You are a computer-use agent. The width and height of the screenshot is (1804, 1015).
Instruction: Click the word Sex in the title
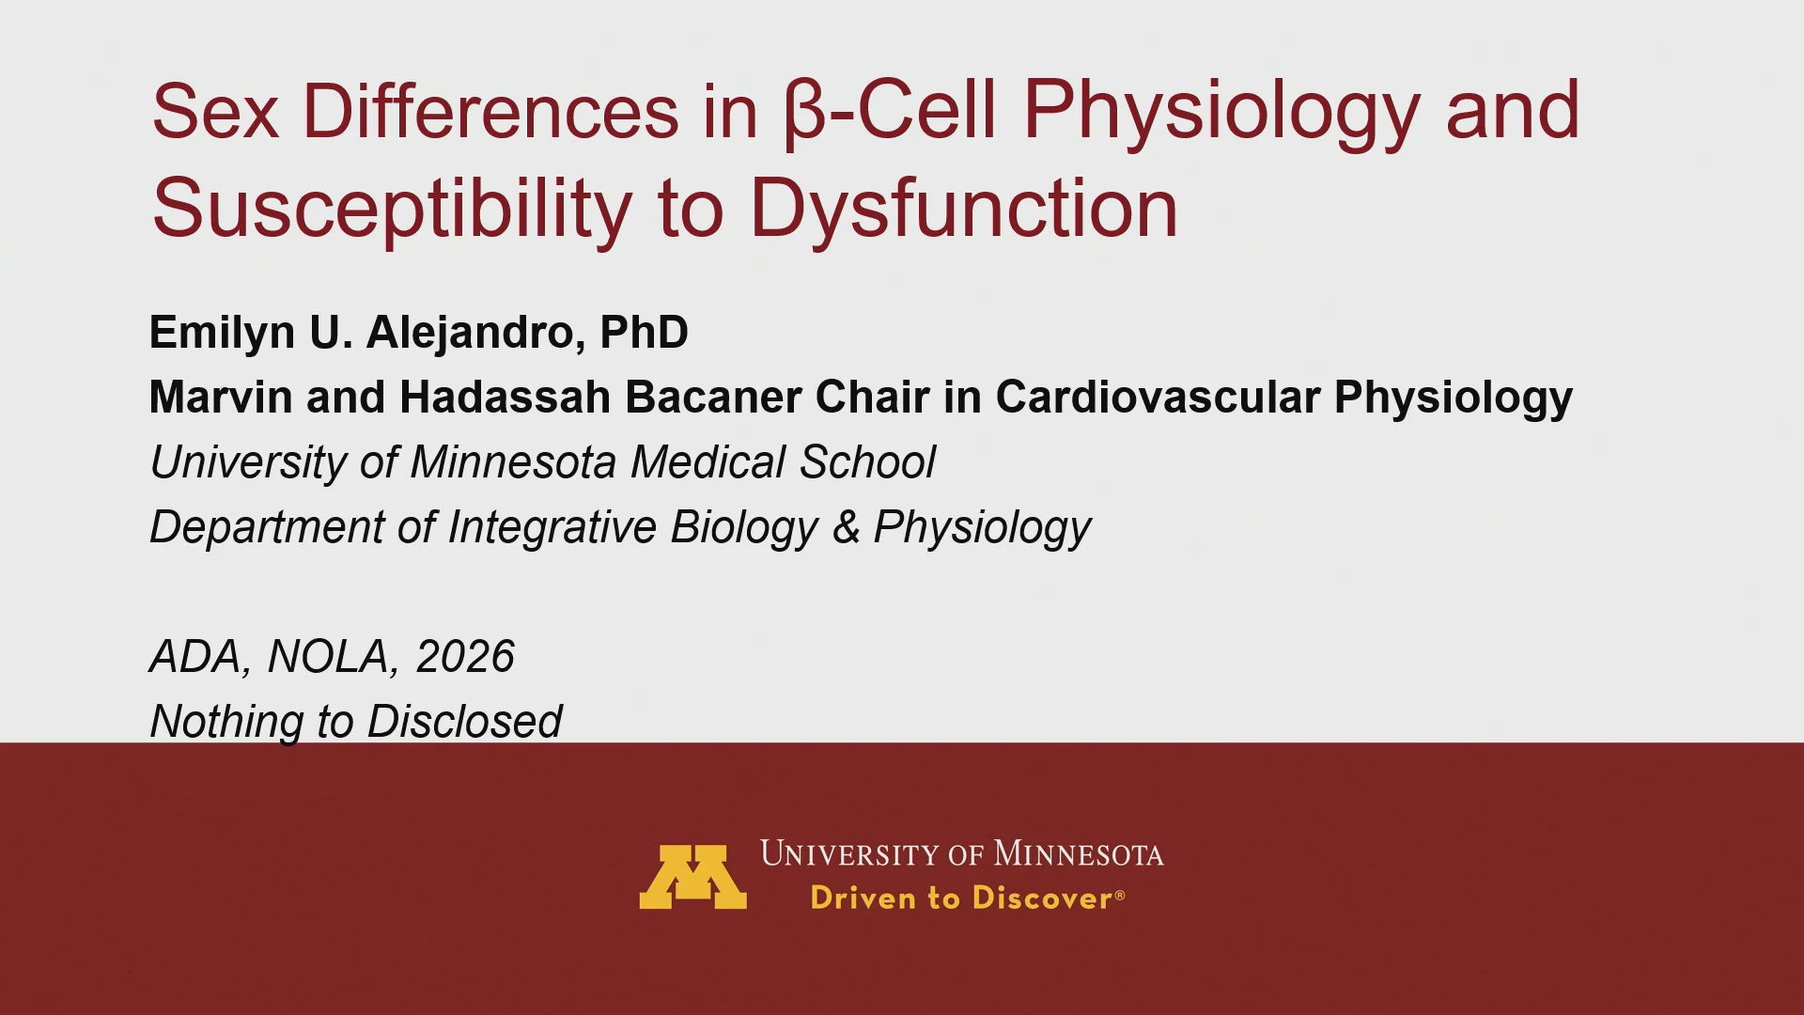pos(215,111)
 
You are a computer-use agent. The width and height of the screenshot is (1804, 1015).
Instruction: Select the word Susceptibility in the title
pos(393,210)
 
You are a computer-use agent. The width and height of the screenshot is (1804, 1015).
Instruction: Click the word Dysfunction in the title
pos(963,209)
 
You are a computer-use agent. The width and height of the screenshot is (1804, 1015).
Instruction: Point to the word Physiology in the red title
pos(1221,114)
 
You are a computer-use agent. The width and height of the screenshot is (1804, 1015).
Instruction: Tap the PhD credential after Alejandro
pos(644,332)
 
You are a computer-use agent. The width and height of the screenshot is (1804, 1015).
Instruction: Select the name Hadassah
pos(505,397)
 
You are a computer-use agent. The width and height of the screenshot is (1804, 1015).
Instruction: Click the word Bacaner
pos(713,397)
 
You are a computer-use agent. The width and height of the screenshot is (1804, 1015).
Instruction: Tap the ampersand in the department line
pos(847,526)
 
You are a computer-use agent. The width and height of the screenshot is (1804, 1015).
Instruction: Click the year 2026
pos(465,656)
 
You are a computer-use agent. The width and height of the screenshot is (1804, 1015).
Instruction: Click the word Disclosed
pos(464,721)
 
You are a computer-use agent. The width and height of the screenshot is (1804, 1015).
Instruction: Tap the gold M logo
pos(693,877)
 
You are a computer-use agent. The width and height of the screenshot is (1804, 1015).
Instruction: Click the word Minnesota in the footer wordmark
pos(1079,853)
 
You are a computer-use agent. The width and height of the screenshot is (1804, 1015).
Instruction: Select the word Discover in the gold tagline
pos(1042,898)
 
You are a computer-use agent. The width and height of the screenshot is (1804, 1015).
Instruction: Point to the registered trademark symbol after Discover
pos(1119,895)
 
